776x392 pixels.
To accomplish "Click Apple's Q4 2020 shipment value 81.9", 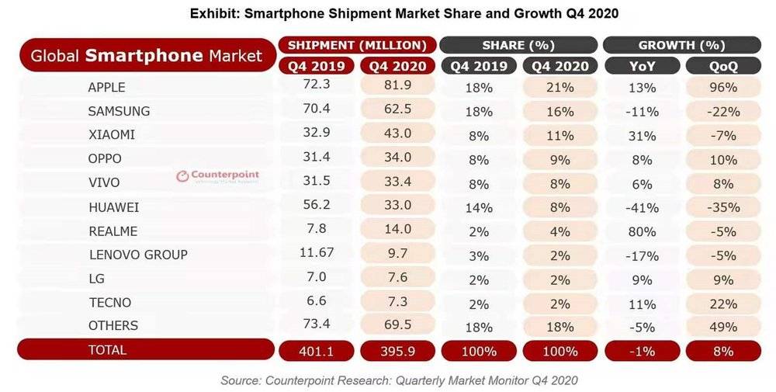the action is [397, 85].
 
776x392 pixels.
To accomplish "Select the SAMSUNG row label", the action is [119, 111].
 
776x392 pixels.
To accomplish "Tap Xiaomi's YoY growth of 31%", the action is [642, 136].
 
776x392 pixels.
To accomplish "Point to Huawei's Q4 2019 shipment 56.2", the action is [317, 204].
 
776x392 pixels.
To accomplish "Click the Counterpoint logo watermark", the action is [218, 175].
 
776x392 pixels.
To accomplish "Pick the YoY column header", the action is [642, 66].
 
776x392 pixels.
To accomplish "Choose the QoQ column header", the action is [723, 66].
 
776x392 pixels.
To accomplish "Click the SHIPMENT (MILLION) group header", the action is [357, 46].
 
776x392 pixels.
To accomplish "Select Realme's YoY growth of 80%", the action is [642, 231].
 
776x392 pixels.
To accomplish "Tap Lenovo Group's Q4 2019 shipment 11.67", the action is [317, 252].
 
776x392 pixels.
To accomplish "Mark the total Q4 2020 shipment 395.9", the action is [397, 352].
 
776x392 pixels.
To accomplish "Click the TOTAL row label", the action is [107, 350].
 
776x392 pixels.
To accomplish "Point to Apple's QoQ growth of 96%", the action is [723, 88].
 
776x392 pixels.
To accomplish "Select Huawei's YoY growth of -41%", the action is [642, 208].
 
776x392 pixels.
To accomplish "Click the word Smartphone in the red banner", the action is [144, 55].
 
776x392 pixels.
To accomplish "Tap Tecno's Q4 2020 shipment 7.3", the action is [397, 300].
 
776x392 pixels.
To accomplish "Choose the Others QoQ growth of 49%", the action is [723, 327].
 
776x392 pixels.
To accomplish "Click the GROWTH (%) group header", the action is [681, 46].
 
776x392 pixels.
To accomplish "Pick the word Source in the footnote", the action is [241, 380].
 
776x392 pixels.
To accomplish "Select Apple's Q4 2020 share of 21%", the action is [560, 88].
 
